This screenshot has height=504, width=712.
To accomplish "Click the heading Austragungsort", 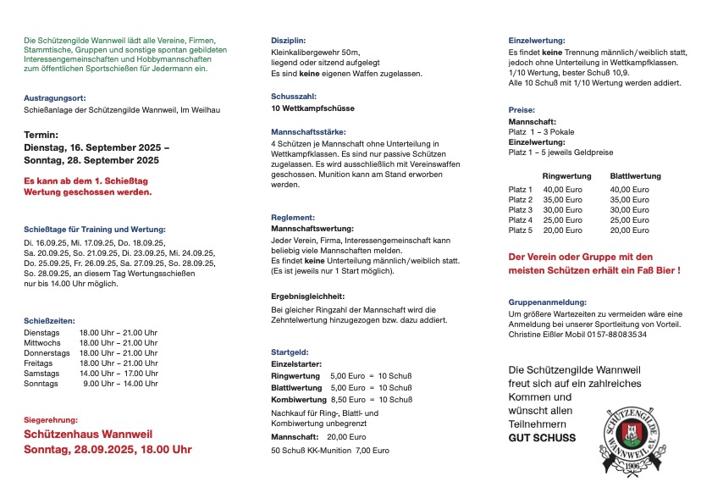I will (x=53, y=98).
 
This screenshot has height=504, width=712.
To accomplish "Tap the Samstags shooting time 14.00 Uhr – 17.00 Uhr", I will (x=119, y=374).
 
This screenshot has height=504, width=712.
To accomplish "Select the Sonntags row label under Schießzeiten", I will (x=41, y=384).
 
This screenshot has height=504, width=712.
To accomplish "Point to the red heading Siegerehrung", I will (x=51, y=420).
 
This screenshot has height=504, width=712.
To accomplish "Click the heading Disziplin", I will (x=289, y=41).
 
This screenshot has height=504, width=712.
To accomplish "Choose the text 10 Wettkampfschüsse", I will (x=312, y=108).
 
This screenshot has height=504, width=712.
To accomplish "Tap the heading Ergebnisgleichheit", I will (x=307, y=296).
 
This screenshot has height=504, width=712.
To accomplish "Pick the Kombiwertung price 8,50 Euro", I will (x=349, y=400).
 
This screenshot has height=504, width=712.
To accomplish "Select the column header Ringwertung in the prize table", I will (x=567, y=175).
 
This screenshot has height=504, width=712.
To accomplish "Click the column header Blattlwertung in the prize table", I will (x=635, y=175).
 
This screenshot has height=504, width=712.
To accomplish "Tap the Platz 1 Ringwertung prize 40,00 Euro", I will (x=562, y=190).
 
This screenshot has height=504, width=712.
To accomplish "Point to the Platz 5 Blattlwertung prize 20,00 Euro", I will (x=630, y=230).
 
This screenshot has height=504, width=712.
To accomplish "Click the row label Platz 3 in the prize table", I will (x=520, y=210).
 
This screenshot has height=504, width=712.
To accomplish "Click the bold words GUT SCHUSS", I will (x=542, y=438).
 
